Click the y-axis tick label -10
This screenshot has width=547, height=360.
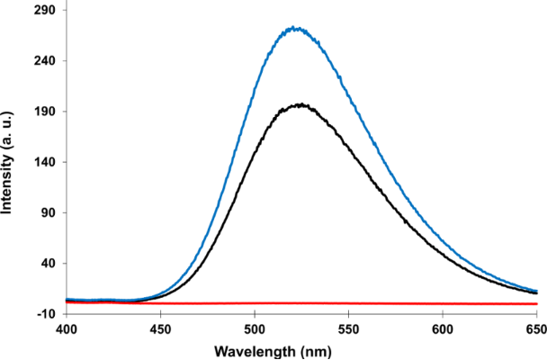pos(47,314)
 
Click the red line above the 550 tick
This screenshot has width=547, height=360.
pos(349,303)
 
